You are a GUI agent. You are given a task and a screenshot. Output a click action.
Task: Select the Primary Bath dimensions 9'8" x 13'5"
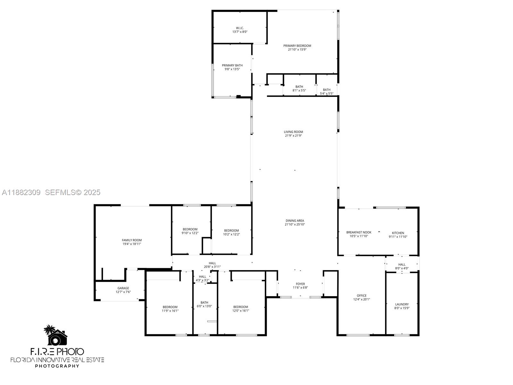tap(232, 69)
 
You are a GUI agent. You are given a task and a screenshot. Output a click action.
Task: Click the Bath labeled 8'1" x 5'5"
tap(299, 89)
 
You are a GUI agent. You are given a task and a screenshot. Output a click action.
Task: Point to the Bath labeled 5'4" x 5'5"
tap(326, 92)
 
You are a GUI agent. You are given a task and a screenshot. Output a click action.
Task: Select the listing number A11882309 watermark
tap(21, 193)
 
